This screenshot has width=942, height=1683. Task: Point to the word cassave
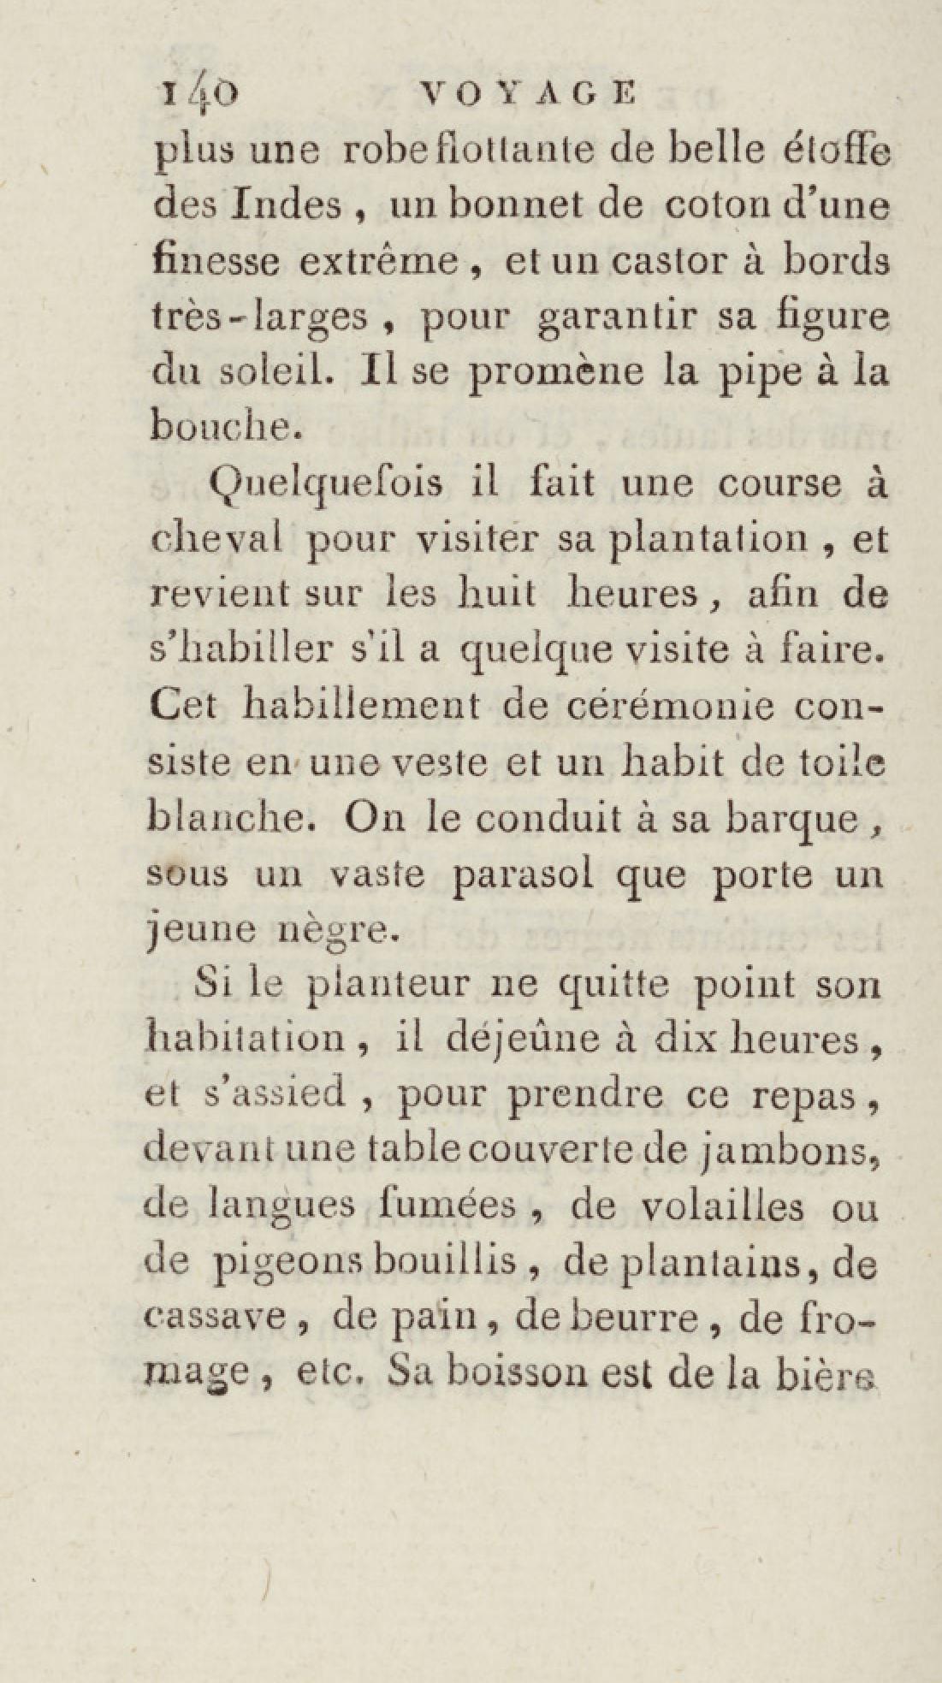[214, 1319]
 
